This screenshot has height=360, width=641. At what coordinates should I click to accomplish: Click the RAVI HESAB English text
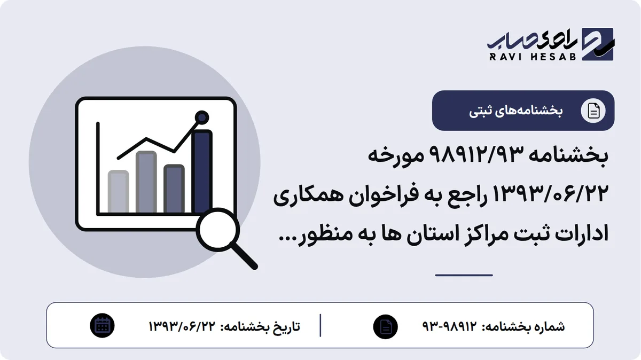click(532, 57)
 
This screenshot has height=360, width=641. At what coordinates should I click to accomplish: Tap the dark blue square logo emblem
click(598, 44)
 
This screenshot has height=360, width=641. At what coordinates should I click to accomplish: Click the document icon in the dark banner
click(593, 111)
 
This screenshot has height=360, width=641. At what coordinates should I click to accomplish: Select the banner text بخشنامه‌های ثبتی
click(515, 111)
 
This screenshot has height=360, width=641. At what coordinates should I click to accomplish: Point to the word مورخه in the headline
click(396, 156)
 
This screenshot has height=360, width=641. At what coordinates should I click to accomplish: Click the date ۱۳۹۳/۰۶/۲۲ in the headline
click(551, 194)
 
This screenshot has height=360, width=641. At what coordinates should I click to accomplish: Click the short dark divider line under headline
click(464, 275)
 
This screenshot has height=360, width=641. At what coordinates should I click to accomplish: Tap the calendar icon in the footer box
click(102, 326)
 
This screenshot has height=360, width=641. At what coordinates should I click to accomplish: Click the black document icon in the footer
click(386, 326)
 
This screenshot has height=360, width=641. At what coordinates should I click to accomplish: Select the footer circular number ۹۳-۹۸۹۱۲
click(450, 326)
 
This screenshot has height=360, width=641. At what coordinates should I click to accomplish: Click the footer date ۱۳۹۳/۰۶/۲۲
click(182, 326)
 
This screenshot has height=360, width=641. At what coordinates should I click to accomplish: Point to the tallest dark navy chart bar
click(202, 171)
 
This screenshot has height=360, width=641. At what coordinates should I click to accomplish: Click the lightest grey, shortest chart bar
click(118, 192)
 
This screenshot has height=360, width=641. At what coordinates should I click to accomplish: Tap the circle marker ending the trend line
click(202, 118)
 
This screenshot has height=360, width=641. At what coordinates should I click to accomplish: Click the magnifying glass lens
click(218, 230)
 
